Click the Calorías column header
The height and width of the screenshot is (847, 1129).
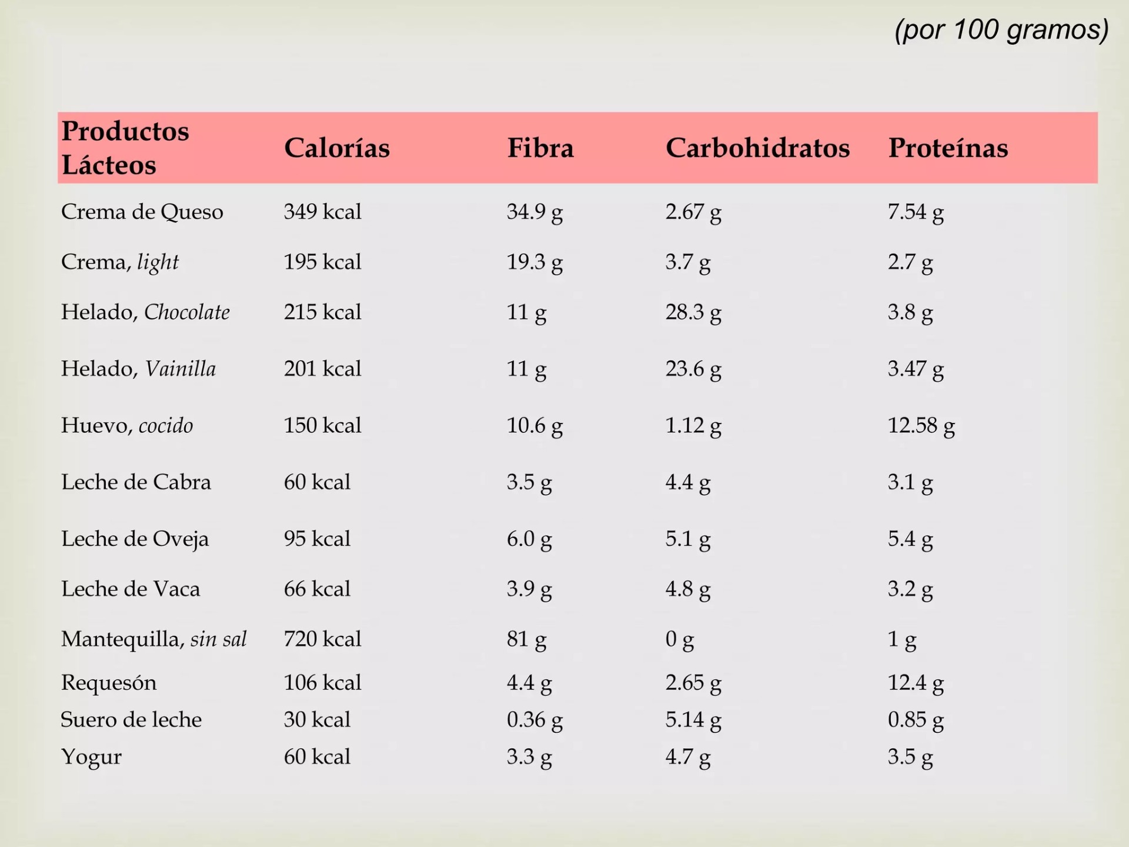click(336, 148)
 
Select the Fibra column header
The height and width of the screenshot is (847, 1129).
click(540, 148)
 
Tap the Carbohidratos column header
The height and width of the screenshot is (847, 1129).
click(757, 148)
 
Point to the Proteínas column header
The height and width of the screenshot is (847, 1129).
click(948, 148)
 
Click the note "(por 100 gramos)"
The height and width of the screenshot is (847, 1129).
click(1001, 30)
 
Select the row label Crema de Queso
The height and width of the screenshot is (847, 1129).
click(142, 212)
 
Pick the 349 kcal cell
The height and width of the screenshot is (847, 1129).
click(322, 212)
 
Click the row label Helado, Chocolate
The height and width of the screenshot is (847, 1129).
click(145, 312)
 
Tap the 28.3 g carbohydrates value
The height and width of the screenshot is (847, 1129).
click(693, 312)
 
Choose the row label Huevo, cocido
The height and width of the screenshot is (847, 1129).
click(127, 425)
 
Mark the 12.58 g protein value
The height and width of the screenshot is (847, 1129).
click(921, 425)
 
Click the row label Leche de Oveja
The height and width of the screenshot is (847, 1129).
click(135, 539)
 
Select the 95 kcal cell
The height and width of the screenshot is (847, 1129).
click(317, 539)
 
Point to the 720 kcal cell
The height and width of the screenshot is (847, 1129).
click(322, 639)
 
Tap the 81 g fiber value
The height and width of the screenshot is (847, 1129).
click(526, 639)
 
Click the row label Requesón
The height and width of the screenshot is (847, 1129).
click(109, 683)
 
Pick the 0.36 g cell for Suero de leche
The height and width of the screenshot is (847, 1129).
click(535, 720)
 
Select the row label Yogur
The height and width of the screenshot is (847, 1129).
click(91, 757)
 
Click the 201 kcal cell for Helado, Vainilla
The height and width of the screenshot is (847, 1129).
click(322, 369)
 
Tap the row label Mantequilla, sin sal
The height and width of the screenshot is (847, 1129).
click(153, 639)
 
